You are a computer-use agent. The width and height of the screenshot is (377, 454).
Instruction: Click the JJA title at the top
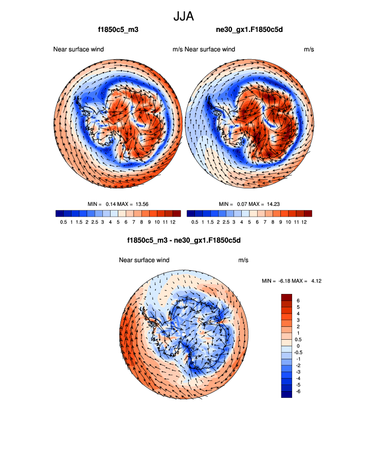[184, 17]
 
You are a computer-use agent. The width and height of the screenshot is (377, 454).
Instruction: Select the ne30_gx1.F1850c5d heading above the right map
[249, 30]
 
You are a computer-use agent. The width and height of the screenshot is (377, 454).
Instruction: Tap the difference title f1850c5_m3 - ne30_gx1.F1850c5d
[184, 240]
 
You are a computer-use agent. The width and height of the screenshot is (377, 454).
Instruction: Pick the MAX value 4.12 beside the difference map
[314, 281]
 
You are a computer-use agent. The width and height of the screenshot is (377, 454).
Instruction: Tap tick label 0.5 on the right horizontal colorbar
[194, 222]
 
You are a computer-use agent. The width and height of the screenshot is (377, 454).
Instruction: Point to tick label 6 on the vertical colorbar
[298, 300]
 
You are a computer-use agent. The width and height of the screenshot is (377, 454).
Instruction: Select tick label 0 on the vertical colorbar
[298, 346]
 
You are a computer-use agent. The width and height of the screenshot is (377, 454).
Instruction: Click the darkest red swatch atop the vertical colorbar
[286, 297]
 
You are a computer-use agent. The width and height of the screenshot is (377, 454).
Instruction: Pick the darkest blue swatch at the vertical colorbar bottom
[286, 394]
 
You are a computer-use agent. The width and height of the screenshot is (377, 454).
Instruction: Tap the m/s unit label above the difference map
[243, 260]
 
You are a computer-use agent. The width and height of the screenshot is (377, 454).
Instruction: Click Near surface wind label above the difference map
[144, 260]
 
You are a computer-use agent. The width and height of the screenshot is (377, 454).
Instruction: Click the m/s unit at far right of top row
[309, 49]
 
